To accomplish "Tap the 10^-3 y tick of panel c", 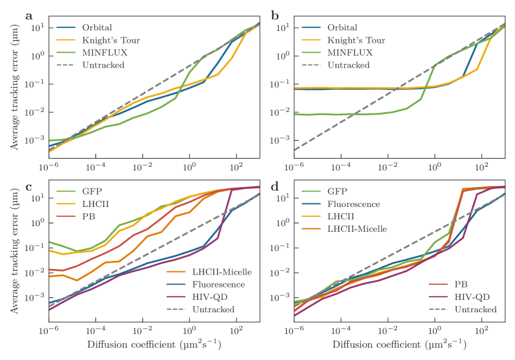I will coord(35,297).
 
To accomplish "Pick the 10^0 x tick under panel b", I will coord(435,167).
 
